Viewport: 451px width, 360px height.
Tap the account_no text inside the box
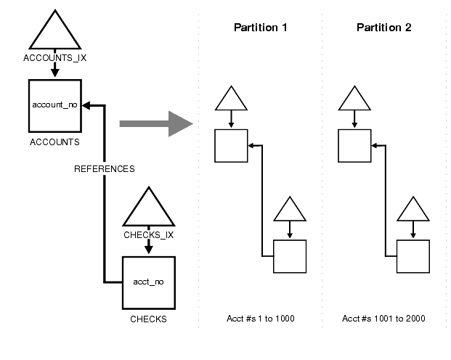tap(54, 105)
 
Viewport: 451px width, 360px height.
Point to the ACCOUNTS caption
tap(54, 142)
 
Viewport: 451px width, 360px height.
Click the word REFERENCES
tap(105, 169)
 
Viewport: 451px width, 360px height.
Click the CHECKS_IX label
tap(149, 235)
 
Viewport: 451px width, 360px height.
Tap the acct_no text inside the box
tap(149, 281)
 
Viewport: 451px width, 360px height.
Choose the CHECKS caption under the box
tap(149, 319)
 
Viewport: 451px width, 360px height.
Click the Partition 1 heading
tap(261, 28)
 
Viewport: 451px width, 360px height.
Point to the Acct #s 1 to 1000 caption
tap(261, 319)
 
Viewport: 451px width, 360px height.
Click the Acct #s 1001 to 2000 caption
tap(384, 319)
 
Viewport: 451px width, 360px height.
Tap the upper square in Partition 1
tap(231, 145)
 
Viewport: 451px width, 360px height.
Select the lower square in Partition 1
tap(290, 256)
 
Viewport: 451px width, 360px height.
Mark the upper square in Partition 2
tap(354, 145)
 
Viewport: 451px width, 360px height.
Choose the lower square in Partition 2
tap(413, 256)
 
